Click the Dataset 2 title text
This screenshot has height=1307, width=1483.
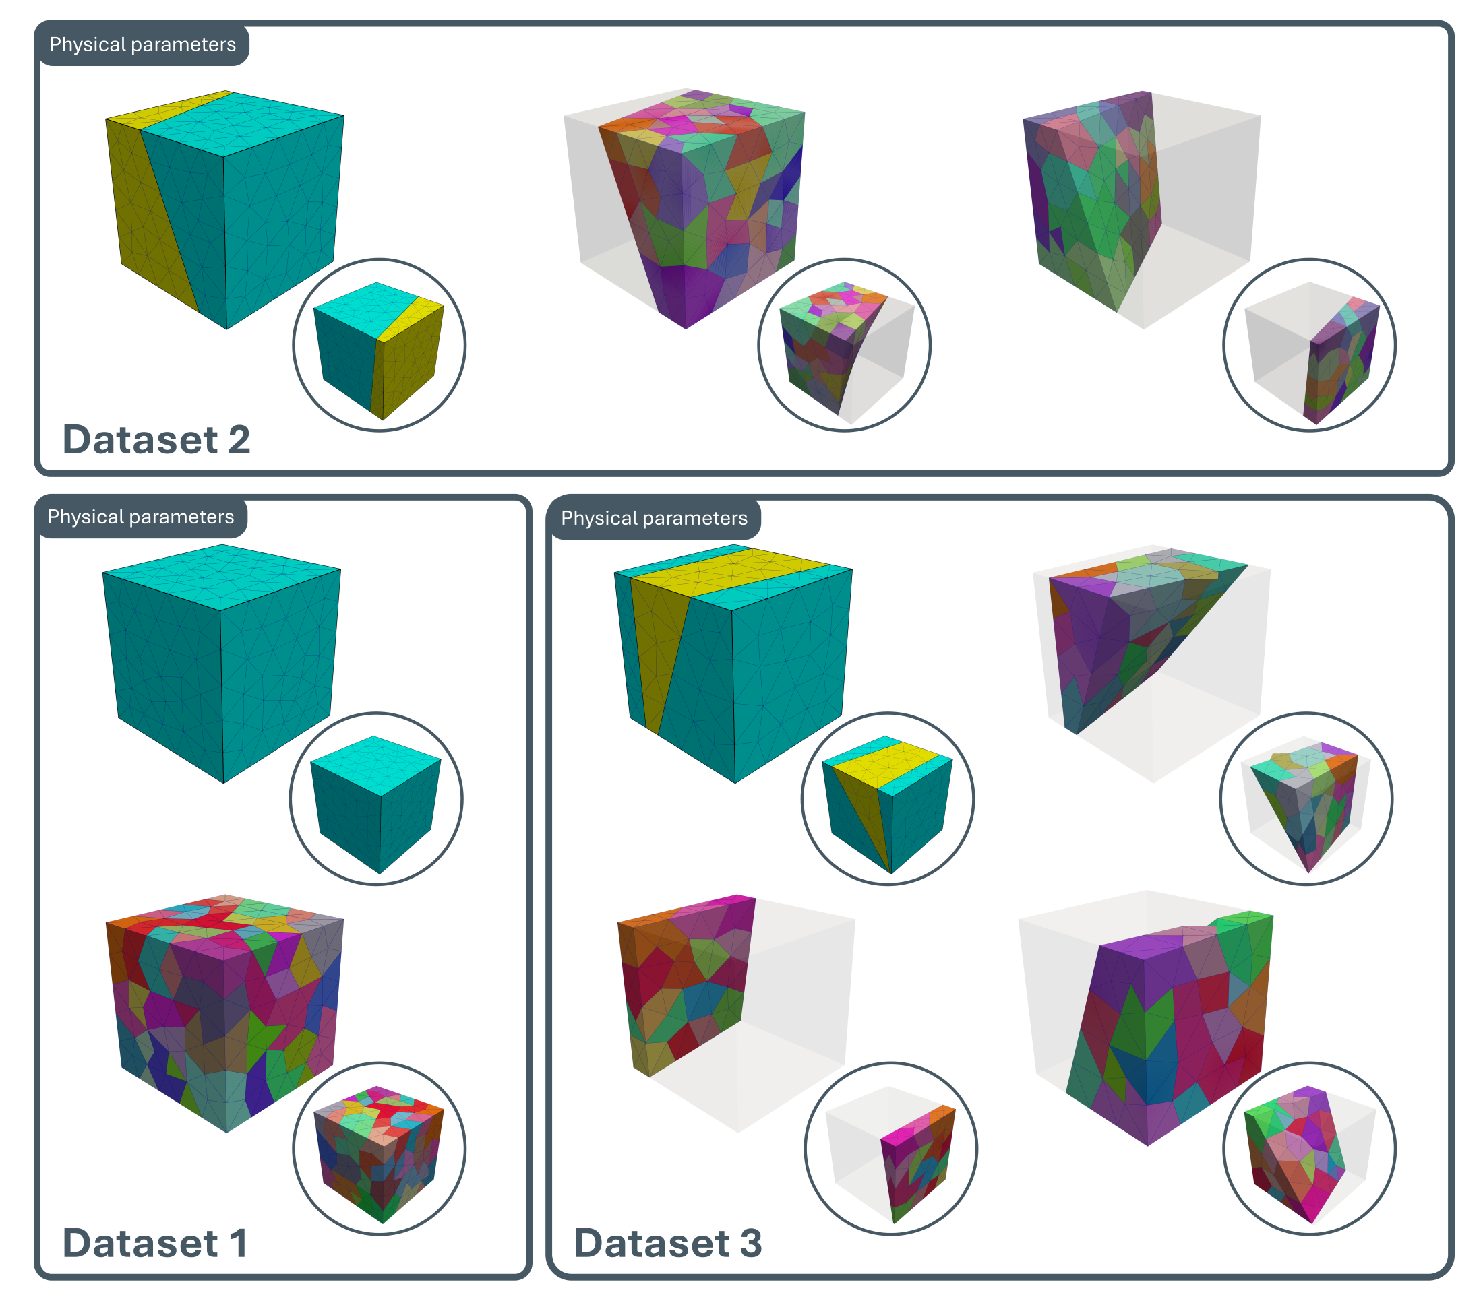pos(156,439)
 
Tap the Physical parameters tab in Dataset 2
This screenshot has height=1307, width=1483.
pos(142,45)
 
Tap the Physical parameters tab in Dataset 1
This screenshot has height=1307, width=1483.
pos(141,517)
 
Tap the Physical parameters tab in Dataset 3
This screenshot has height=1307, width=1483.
pos(654,519)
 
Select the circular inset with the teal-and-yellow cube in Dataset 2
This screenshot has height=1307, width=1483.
pos(379,345)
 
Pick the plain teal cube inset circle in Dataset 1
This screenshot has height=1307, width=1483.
pos(376,798)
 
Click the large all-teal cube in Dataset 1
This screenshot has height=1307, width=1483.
pos(222,663)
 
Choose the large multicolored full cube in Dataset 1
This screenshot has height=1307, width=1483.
pos(225,1013)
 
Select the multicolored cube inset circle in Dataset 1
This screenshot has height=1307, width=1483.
pos(379,1149)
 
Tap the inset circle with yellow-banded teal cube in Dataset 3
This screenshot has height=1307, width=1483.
pos(887,798)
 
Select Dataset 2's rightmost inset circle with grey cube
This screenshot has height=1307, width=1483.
pos(1309,345)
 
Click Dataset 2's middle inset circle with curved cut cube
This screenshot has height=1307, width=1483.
pos(844,345)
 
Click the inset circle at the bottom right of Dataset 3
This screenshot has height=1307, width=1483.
pos(1309,1149)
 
